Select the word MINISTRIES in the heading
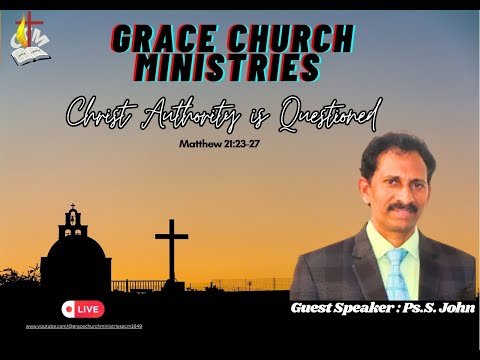coord(218,68)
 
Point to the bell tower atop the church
coord(72,218)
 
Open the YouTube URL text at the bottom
coord(90,326)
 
